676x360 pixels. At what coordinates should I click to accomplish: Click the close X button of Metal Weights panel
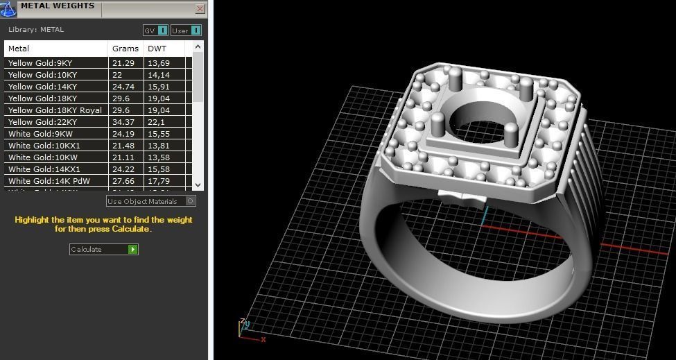point(200,9)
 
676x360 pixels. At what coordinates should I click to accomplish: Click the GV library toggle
point(155,31)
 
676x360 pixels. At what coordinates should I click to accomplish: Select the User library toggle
point(186,31)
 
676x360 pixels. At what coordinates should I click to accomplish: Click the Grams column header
point(125,49)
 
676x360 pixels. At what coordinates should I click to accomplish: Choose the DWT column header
point(157,49)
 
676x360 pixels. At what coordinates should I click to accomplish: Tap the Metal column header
point(19,49)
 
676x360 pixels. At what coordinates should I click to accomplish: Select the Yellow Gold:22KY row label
point(42,122)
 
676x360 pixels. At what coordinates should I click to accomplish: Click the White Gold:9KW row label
point(40,134)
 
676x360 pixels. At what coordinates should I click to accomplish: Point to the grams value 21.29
point(122,63)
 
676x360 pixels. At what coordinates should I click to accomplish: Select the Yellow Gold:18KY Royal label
point(55,110)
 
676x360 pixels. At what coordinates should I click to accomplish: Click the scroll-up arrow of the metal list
point(198,47)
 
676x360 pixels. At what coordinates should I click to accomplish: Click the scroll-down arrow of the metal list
point(198,185)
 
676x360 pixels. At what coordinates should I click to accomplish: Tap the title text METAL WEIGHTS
point(58,6)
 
